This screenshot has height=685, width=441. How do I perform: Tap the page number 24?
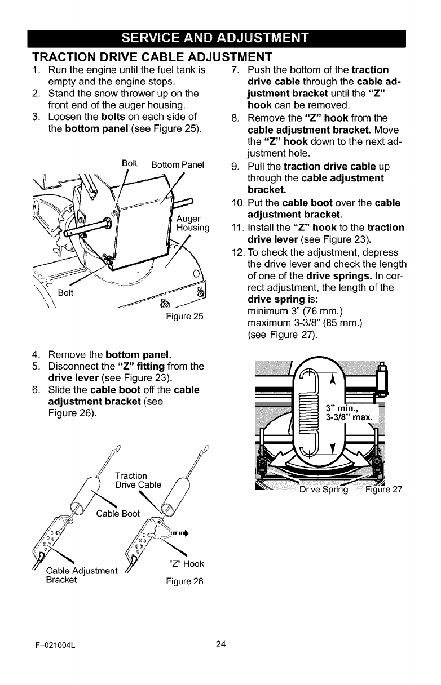pos(220,644)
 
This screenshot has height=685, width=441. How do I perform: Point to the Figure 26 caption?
pos(184,581)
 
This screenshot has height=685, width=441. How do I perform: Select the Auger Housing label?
pos(193,223)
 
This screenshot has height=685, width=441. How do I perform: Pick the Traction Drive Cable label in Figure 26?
pos(138,480)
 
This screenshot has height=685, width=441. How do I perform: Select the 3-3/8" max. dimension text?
pos(350,417)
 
